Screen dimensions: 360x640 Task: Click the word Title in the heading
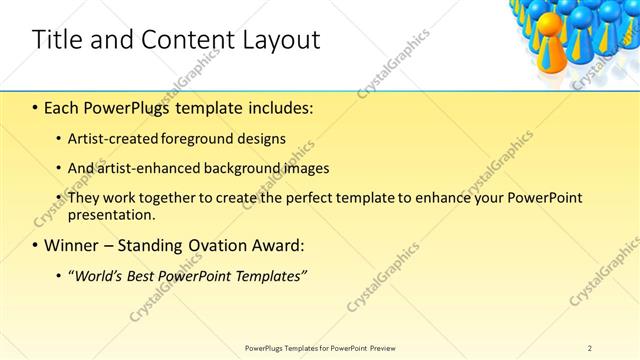click(x=56, y=40)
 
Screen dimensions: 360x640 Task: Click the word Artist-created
click(x=108, y=139)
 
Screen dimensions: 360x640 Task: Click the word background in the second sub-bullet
click(x=239, y=168)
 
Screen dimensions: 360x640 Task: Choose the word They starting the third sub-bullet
click(x=84, y=198)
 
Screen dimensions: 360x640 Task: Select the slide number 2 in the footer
click(x=589, y=348)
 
